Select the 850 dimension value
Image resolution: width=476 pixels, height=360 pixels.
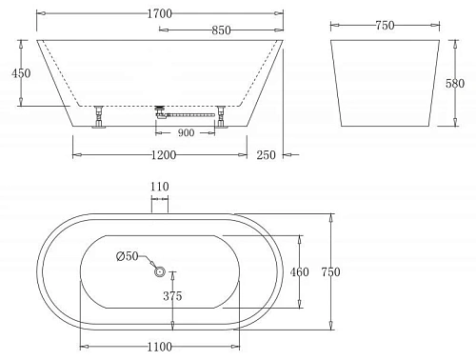(x=221, y=30)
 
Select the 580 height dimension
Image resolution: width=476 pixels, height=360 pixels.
(x=457, y=85)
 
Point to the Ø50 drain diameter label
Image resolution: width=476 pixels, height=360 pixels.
(x=129, y=255)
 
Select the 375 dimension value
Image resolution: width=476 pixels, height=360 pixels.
(x=172, y=296)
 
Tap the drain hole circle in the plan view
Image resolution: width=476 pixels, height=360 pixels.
(x=160, y=271)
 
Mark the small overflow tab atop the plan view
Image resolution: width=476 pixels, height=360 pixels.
(x=159, y=206)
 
